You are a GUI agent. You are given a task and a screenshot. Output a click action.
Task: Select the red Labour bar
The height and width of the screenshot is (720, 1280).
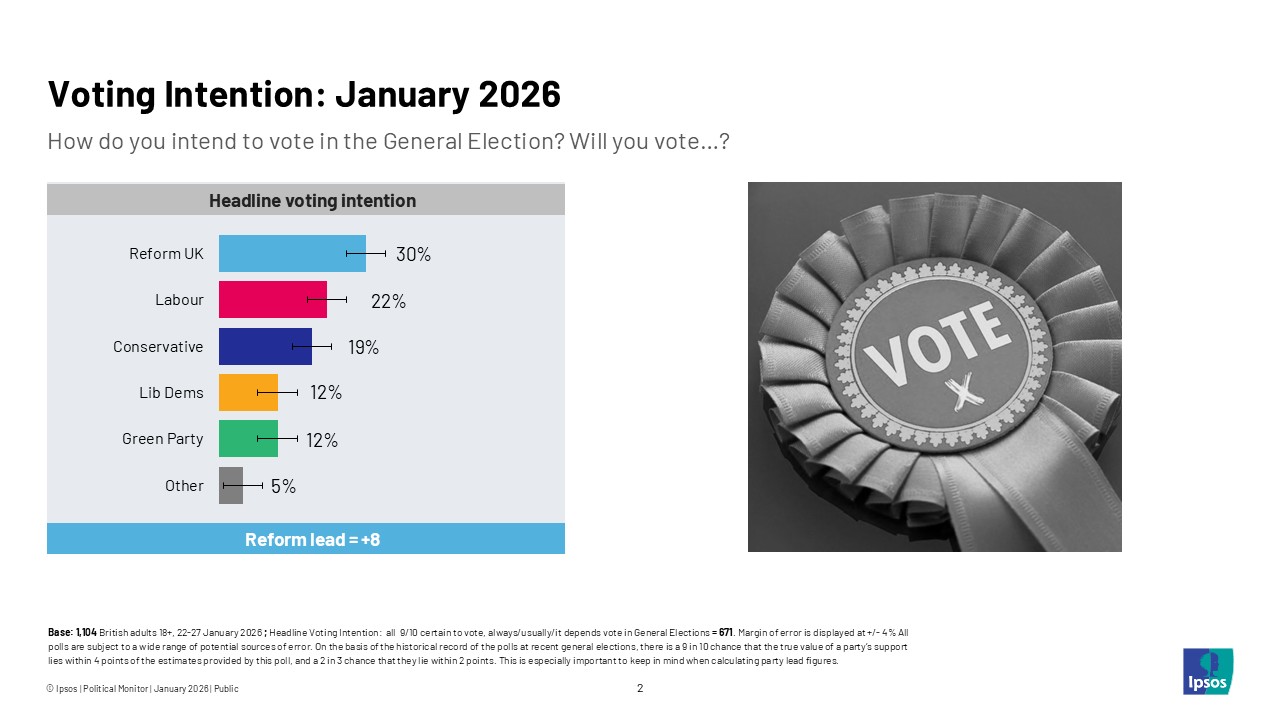pyautogui.click(x=272, y=300)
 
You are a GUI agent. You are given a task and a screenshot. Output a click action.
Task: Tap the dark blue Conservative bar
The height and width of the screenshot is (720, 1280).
pyautogui.click(x=265, y=347)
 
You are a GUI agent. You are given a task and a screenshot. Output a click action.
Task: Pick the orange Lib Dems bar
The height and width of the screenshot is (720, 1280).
pyautogui.click(x=248, y=393)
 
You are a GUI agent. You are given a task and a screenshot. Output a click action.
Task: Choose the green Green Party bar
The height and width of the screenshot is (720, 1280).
pyautogui.click(x=248, y=439)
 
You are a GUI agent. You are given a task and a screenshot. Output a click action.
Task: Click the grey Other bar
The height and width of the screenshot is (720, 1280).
pyautogui.click(x=231, y=486)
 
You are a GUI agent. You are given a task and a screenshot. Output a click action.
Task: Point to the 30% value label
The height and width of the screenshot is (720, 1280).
pyautogui.click(x=413, y=254)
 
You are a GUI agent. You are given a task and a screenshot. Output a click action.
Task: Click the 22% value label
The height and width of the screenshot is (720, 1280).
pyautogui.click(x=388, y=301)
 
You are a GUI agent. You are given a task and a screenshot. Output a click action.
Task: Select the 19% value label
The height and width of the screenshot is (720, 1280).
pyautogui.click(x=363, y=347)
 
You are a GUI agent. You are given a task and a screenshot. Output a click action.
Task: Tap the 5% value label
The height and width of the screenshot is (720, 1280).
pyautogui.click(x=283, y=486)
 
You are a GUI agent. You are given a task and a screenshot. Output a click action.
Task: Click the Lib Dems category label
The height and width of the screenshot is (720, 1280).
pyautogui.click(x=171, y=393)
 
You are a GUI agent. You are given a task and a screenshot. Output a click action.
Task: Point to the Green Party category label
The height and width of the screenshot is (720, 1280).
pyautogui.click(x=162, y=439)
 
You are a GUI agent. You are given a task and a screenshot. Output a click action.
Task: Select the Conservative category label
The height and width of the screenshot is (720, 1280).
pyautogui.click(x=158, y=347)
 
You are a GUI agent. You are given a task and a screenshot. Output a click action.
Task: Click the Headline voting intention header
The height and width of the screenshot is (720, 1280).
pyautogui.click(x=312, y=201)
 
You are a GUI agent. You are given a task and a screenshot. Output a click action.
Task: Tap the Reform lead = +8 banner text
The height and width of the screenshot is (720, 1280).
pyautogui.click(x=312, y=540)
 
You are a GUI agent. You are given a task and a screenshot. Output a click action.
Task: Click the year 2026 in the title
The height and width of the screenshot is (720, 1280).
pyautogui.click(x=519, y=94)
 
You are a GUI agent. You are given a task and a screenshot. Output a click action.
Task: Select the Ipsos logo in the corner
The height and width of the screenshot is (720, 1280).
pyautogui.click(x=1208, y=671)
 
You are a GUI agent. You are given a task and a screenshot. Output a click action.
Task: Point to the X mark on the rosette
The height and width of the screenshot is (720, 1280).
pyautogui.click(x=962, y=393)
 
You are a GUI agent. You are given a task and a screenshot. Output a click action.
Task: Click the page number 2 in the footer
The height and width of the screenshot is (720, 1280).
pyautogui.click(x=640, y=688)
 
